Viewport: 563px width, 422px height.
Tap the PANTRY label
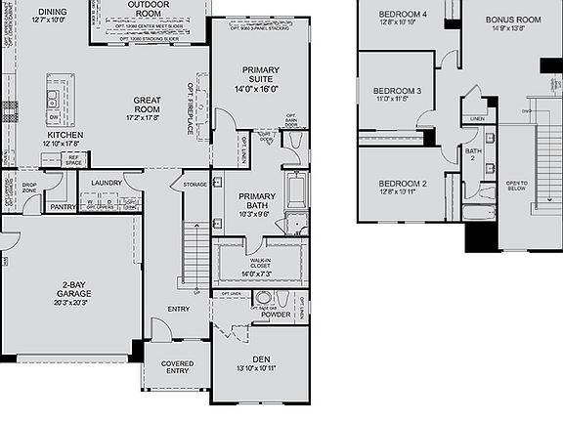pos(63,207)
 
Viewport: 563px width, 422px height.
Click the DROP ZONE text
pos(29,187)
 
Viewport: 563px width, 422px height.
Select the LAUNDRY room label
pos(106,183)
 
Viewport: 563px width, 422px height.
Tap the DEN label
pos(260,359)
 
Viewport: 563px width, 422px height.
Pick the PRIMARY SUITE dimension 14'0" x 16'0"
pos(257,89)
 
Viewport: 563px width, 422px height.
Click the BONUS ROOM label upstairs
pos(513,19)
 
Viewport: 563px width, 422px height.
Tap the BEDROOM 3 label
pos(399,91)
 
